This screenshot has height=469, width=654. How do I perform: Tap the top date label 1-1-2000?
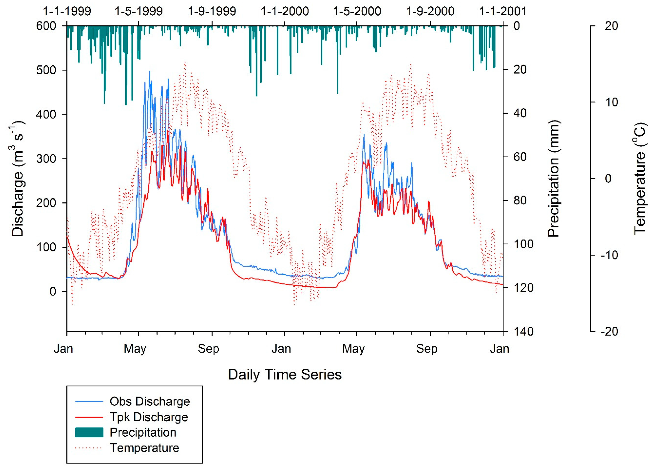(285, 11)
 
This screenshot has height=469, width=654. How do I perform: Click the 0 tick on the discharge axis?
(53, 291)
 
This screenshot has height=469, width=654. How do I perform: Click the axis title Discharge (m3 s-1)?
(18, 179)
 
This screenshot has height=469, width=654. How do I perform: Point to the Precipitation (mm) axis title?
(553, 179)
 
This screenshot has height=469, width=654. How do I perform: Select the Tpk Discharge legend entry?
(149, 417)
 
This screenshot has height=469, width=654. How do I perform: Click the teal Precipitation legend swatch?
(89, 432)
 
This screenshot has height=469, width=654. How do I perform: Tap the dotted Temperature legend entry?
(144, 448)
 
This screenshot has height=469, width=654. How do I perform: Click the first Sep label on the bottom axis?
(208, 349)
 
